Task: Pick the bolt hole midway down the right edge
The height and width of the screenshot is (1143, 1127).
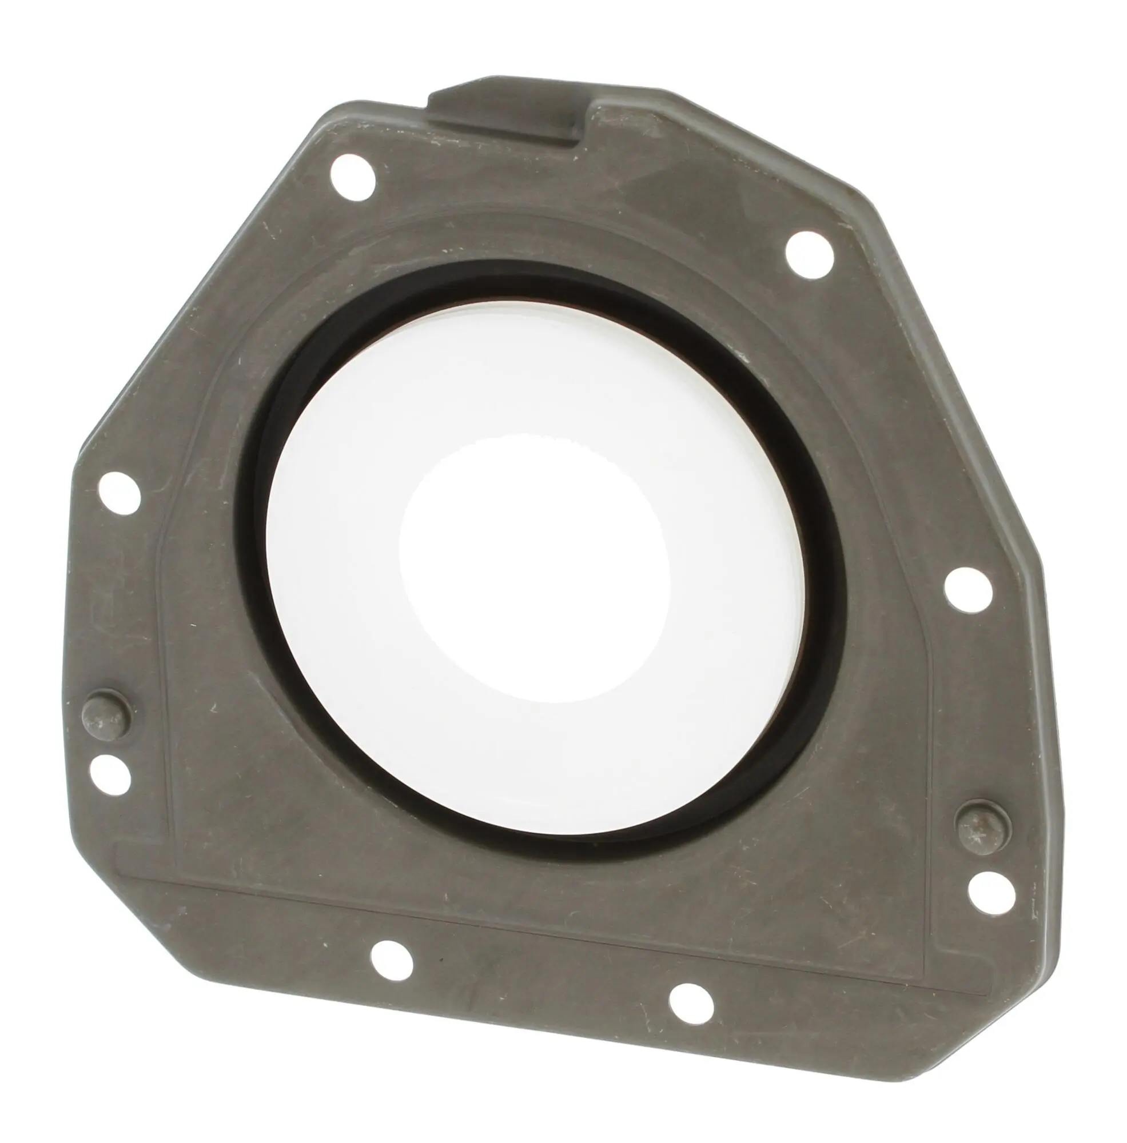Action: coord(969,589)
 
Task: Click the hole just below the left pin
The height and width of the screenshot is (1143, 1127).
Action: coord(110,774)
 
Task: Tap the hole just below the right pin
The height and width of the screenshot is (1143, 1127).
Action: coord(991,894)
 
